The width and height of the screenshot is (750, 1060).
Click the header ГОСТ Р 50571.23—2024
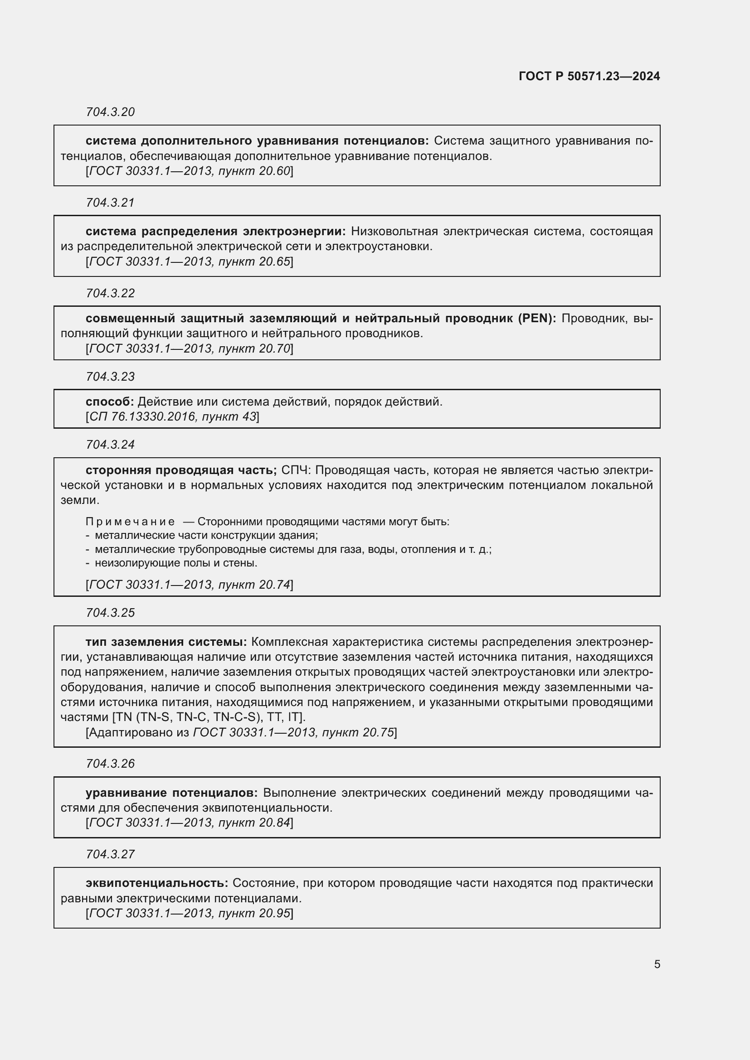pyautogui.click(x=589, y=76)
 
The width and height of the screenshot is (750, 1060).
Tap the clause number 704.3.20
pyautogui.click(x=110, y=112)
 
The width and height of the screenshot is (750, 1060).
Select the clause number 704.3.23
pyautogui.click(x=110, y=377)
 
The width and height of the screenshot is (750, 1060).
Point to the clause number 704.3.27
pyautogui.click(x=110, y=854)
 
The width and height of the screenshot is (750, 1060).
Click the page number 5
pyautogui.click(x=657, y=964)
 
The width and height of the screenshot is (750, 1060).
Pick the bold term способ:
pyautogui.click(x=109, y=402)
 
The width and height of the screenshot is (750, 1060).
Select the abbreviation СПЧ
pyautogui.click(x=296, y=470)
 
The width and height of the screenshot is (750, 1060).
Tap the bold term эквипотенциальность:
pyautogui.click(x=157, y=883)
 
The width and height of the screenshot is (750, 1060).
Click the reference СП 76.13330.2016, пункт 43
pyautogui.click(x=172, y=416)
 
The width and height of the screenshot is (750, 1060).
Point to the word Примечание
pyautogui.click(x=130, y=522)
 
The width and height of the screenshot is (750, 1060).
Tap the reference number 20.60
pyautogui.click(x=274, y=171)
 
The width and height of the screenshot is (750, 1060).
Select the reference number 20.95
pyautogui.click(x=274, y=913)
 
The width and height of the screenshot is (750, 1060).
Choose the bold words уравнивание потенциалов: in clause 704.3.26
pyautogui.click(x=172, y=793)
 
